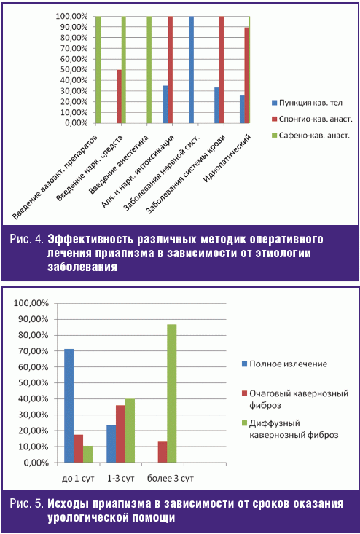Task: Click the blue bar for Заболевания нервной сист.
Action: pos(191,69)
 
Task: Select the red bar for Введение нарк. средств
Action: pos(120,96)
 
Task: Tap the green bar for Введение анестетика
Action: pos(149,69)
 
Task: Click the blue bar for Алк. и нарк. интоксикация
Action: pos(165,104)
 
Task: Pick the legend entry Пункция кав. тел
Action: pos(307,103)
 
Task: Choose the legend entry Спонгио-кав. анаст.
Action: pos(312,119)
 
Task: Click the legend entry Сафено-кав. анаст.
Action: pos(310,136)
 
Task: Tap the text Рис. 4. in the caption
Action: pos(26,240)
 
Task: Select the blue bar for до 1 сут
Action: pos(69,406)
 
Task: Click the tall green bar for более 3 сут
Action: pos(172,393)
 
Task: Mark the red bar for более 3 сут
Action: pos(163,452)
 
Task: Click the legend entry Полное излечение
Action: pos(284,364)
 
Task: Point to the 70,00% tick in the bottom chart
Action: pos(31,350)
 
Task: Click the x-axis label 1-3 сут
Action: pos(120,478)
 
